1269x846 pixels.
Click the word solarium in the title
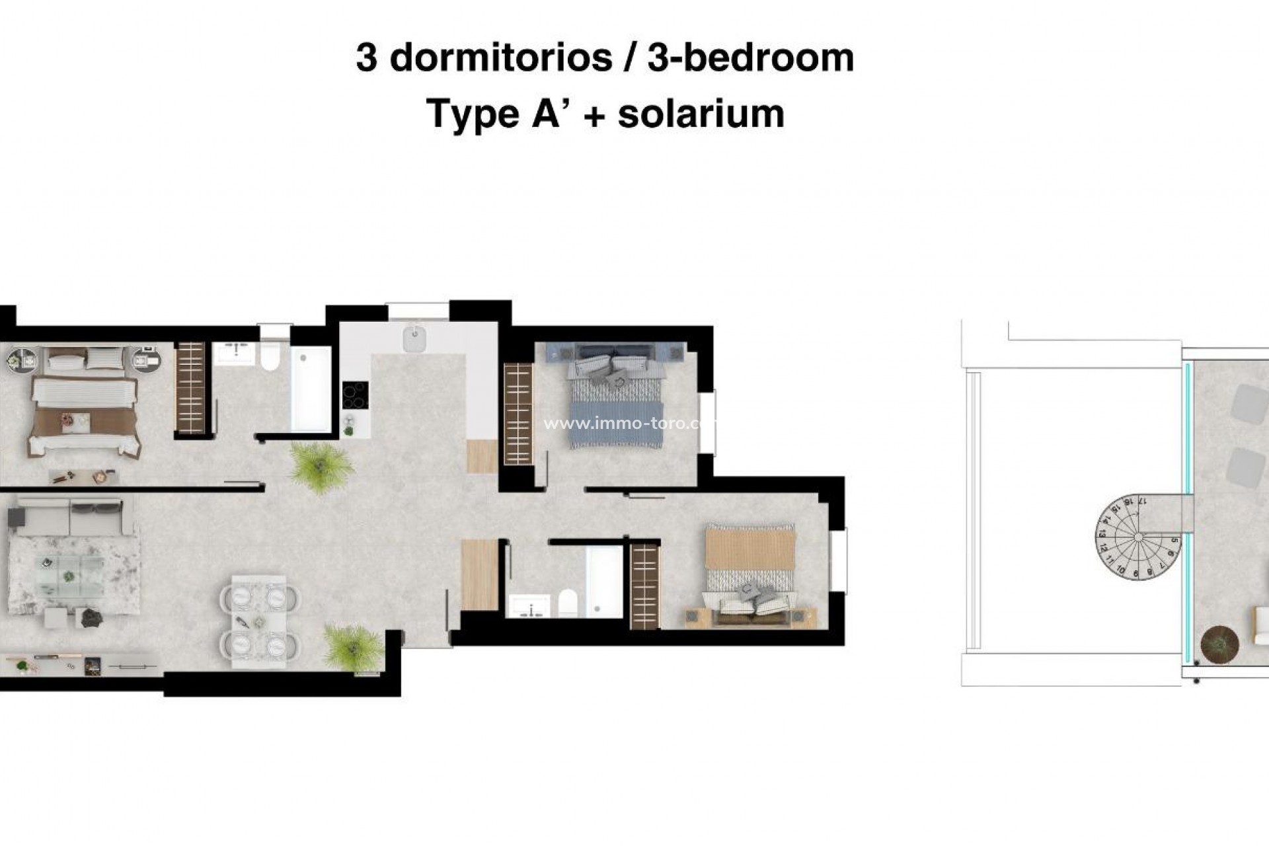701,114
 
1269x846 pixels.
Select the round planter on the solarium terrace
1219,642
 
